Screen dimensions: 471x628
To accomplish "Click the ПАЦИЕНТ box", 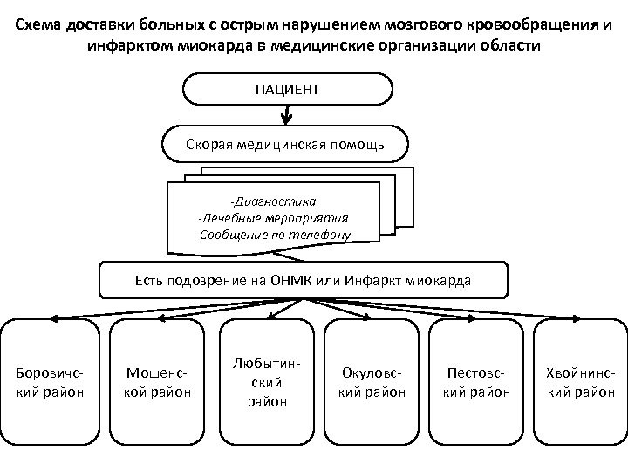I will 287,89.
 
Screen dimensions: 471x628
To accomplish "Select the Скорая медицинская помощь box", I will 285,143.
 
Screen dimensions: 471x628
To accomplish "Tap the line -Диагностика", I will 273,201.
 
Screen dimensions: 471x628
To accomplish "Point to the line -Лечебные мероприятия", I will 273,218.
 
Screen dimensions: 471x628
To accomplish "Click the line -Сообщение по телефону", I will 273,235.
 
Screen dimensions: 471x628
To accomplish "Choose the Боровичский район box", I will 51,384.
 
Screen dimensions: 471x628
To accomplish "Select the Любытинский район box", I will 264,384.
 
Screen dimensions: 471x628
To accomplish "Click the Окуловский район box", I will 372,384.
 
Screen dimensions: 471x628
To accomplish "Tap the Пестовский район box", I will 478,384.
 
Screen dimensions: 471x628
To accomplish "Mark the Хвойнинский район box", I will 579,384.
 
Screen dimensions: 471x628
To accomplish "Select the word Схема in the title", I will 38,24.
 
